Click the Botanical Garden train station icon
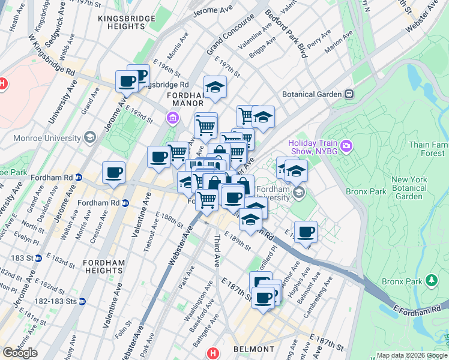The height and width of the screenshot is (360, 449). coord(348,94)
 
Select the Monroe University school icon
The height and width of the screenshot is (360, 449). coord(90,137)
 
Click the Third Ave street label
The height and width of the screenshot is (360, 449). coord(216,251)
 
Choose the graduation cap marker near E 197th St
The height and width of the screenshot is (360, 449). coord(215,87)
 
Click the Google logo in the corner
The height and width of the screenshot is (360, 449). coord(20,353)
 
